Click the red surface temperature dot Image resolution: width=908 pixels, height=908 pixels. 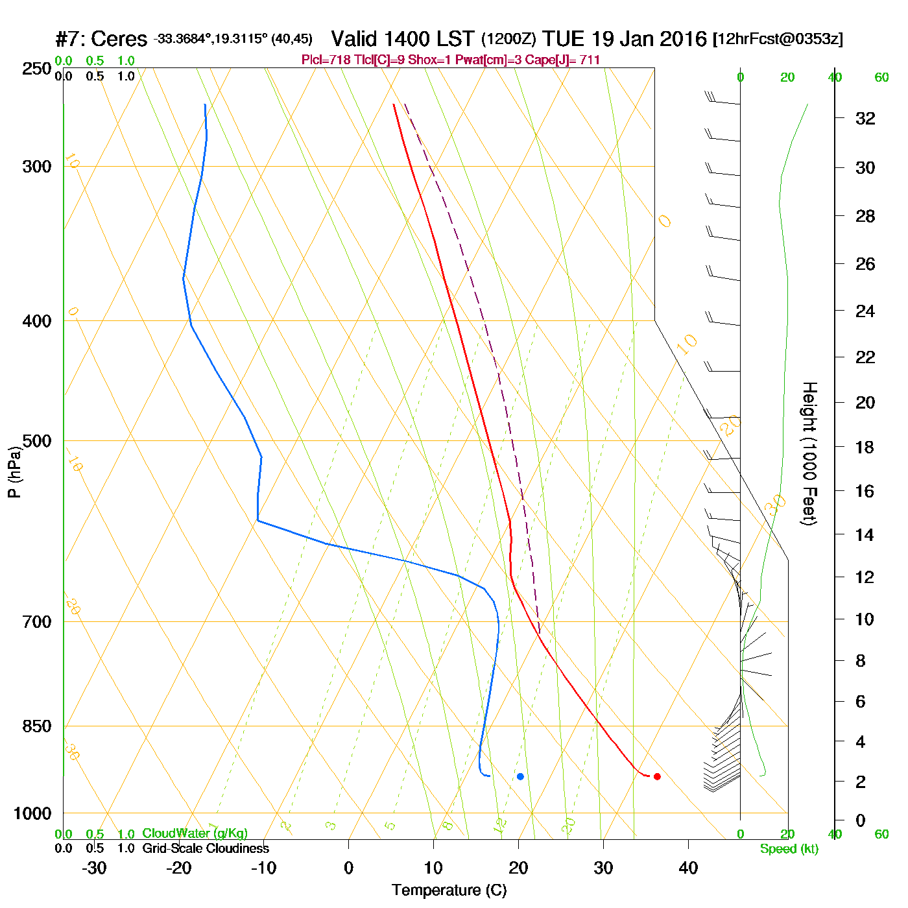point(657,776)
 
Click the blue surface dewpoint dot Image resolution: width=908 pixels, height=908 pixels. point(520,776)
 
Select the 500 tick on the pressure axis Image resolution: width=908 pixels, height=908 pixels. point(37,441)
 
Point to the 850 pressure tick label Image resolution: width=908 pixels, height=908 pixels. point(37,726)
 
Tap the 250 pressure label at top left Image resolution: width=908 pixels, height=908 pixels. point(37,69)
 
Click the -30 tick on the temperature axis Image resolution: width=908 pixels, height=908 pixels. point(94,868)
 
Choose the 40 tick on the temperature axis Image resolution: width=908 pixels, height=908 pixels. point(688,868)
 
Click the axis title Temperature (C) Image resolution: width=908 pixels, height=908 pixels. point(449,890)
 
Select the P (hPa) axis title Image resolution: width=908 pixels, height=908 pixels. point(14,472)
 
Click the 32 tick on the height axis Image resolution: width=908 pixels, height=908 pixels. point(865,118)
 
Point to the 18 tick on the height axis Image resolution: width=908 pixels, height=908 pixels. point(865,447)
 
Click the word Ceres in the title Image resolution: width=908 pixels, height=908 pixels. point(119,39)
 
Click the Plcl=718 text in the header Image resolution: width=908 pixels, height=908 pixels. point(326,60)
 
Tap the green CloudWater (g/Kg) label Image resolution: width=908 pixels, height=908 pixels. point(195,833)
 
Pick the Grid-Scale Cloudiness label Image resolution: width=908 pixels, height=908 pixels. point(206,848)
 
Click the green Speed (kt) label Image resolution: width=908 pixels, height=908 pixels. point(789,849)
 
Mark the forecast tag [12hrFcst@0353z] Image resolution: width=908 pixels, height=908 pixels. point(778,39)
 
